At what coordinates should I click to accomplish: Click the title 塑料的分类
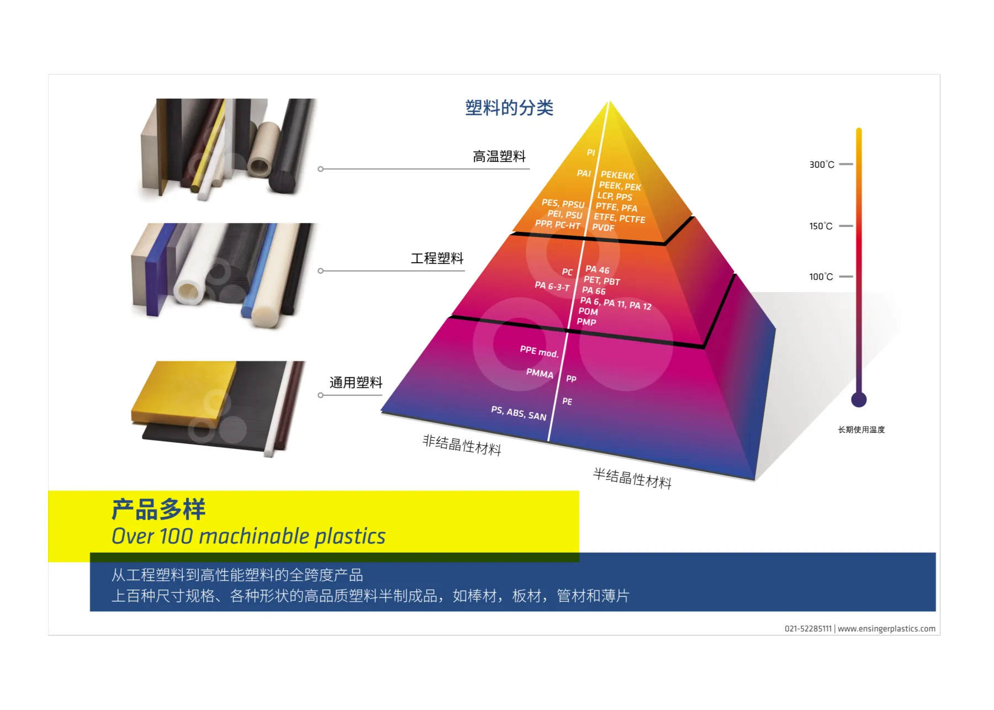tap(509, 108)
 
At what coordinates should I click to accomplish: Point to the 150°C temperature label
tap(821, 226)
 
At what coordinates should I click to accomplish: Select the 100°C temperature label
tap(821, 277)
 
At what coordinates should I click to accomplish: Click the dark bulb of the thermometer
tap(859, 399)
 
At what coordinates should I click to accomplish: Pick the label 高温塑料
tap(499, 157)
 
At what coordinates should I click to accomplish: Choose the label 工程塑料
tap(437, 258)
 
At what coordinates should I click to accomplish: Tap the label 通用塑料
tap(356, 383)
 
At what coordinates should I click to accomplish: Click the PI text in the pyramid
tap(591, 152)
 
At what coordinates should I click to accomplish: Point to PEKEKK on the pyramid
tap(617, 176)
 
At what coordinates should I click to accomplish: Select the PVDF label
tap(603, 227)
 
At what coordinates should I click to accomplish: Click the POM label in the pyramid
tap(588, 311)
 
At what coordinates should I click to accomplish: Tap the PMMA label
tap(540, 374)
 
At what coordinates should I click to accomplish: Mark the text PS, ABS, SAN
tap(519, 413)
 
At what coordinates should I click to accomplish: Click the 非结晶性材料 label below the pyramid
tap(462, 445)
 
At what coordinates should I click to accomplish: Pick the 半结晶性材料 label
tap(632, 478)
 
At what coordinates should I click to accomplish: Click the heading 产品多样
tap(158, 509)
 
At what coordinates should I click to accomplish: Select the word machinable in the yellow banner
tap(254, 537)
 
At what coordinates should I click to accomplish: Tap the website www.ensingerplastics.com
tap(886, 629)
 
